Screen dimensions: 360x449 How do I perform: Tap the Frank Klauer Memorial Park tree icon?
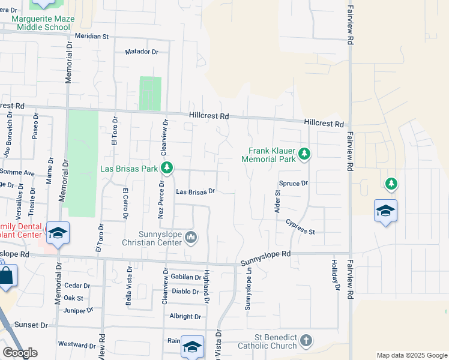pos(304,154)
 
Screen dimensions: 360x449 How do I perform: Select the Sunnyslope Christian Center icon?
pos(191,238)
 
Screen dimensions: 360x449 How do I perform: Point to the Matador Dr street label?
pos(142,52)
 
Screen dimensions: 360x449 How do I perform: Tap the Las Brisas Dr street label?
pos(195,192)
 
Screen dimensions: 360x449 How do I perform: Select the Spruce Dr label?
pos(293,183)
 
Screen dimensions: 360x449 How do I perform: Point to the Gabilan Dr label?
pos(185,277)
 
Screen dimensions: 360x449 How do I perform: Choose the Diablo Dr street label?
pos(185,292)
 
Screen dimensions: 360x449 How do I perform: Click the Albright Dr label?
pos(185,316)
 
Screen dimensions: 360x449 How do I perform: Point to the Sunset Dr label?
pos(31,325)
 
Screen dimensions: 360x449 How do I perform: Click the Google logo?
pos(20,353)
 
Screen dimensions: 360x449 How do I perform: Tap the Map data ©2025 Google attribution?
pos(411,355)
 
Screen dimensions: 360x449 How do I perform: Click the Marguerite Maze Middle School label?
pos(43,23)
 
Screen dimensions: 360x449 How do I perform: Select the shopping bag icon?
pos(5,277)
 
